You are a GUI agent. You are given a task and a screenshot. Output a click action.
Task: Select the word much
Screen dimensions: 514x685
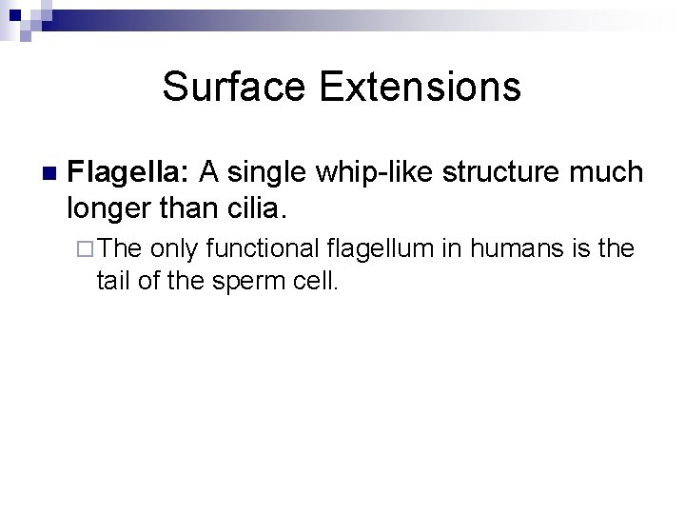coord(608,173)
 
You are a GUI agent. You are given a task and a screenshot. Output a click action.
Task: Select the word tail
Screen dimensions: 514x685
coord(111,280)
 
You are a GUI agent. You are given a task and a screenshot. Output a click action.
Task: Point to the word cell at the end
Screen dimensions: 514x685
coord(316,280)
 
